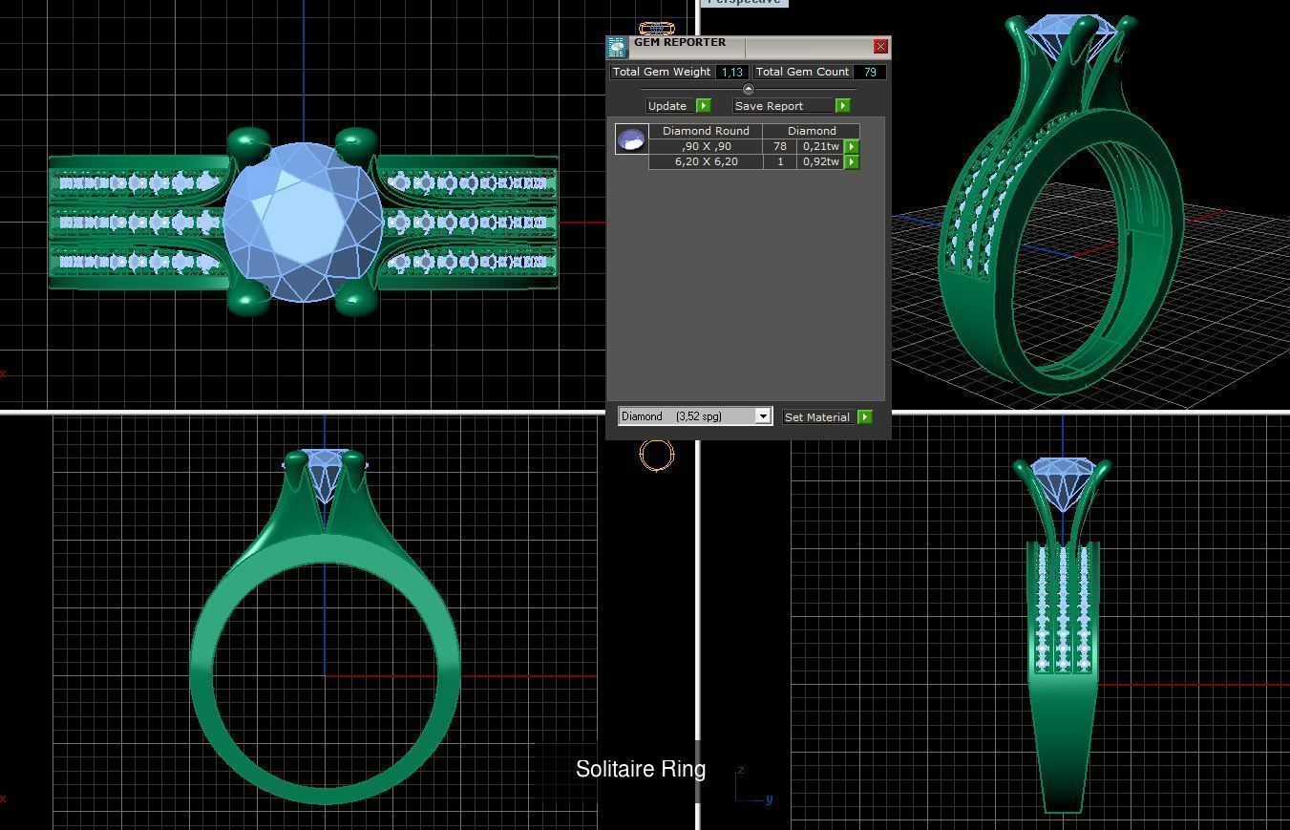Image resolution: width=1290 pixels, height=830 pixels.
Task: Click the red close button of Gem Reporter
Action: pyautogui.click(x=880, y=46)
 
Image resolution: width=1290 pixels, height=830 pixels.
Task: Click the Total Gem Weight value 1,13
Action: pyautogui.click(x=732, y=72)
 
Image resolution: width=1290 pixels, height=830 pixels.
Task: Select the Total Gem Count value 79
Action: pyautogui.click(x=869, y=72)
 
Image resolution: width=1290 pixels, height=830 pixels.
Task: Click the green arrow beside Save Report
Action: pyautogui.click(x=842, y=106)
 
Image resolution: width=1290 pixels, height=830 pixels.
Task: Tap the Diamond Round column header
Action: pyautogui.click(x=706, y=131)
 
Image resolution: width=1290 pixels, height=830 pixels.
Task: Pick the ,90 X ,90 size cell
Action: pyautogui.click(x=706, y=146)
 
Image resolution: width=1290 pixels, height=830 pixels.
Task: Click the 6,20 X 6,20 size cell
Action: pyautogui.click(x=706, y=161)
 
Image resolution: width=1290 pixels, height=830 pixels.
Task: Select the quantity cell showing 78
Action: pyautogui.click(x=780, y=146)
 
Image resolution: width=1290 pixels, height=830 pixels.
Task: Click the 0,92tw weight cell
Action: pyautogui.click(x=820, y=161)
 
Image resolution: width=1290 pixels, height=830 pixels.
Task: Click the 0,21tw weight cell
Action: pyautogui.click(x=820, y=146)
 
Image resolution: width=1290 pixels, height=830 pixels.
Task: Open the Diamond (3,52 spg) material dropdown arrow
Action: pyautogui.click(x=763, y=416)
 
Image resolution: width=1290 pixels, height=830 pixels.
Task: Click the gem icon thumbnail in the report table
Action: pyautogui.click(x=631, y=140)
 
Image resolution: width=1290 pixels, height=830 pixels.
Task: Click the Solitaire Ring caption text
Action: pyautogui.click(x=641, y=769)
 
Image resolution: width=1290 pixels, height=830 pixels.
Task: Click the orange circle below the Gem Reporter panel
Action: pyautogui.click(x=657, y=455)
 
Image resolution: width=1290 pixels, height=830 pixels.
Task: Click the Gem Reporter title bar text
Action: pyautogui.click(x=679, y=43)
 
